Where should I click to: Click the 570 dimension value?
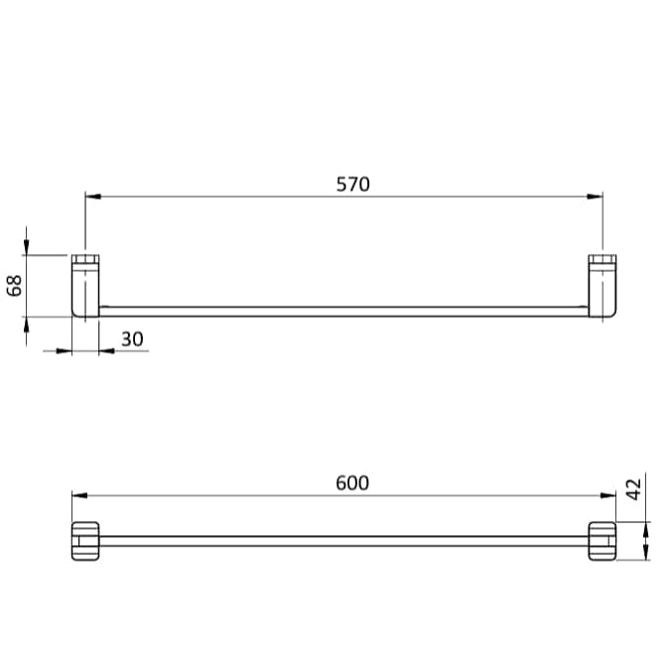coord(352,184)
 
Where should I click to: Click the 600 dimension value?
coord(352,482)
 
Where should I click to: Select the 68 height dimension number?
coord(15,286)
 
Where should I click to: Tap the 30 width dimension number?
coord(132,338)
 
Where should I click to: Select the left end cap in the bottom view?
coord(85,540)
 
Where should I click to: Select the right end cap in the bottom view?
coord(602,540)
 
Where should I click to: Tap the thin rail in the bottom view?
coord(342,541)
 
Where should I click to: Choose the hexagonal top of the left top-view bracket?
coord(85,261)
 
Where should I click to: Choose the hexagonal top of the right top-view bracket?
coord(602,261)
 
